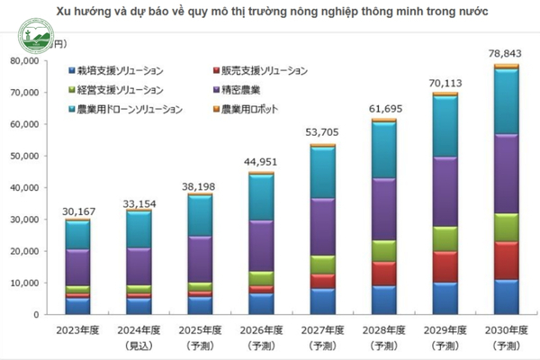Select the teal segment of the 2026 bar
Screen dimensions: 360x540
click(261, 197)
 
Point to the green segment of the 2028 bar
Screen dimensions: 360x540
click(383, 250)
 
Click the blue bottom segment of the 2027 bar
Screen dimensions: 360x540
click(322, 301)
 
